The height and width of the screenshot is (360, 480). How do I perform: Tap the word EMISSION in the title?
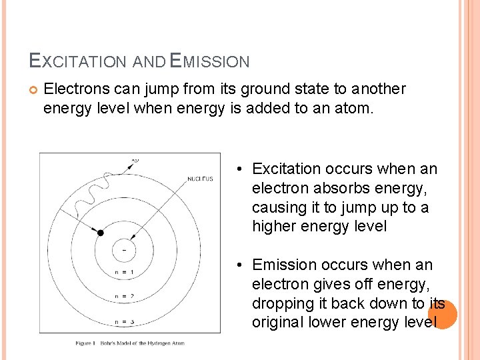coord(210,62)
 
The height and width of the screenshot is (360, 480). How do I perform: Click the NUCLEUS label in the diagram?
coord(199,179)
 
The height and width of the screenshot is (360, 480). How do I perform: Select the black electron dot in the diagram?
coord(101,233)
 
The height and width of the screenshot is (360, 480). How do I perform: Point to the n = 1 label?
coord(125,272)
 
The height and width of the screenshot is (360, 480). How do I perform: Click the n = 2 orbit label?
coord(125,296)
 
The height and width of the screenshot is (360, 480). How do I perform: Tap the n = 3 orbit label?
coord(125,322)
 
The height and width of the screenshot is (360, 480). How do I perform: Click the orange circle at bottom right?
coord(443,315)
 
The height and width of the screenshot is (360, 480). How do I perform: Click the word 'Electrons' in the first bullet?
coord(73,89)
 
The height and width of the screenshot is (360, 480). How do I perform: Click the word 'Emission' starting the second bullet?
coord(282,265)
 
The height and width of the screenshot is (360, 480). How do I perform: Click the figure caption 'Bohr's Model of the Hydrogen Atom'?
coord(130,343)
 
